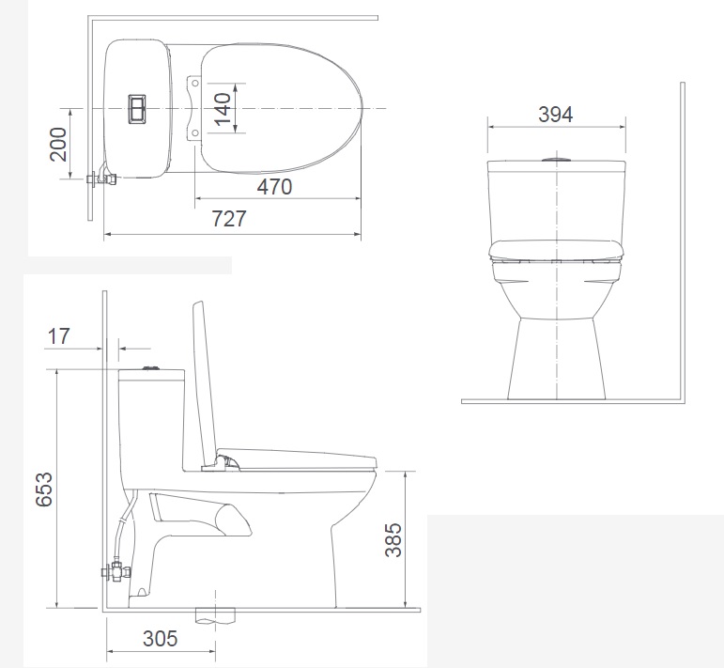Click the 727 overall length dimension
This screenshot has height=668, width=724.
pos(229,219)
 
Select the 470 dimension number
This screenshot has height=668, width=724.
pos(274,187)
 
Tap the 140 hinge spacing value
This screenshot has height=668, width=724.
pos(223,109)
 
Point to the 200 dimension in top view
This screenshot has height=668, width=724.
pos(58,144)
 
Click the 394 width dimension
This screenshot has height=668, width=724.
pos(556,114)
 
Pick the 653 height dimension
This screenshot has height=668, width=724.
pos(44,489)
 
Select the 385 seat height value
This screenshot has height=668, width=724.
pos(393,539)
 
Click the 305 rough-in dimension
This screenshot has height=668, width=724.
pos(161,639)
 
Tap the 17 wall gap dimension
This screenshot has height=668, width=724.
pos(58,335)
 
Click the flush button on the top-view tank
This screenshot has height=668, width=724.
pos(137,109)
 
